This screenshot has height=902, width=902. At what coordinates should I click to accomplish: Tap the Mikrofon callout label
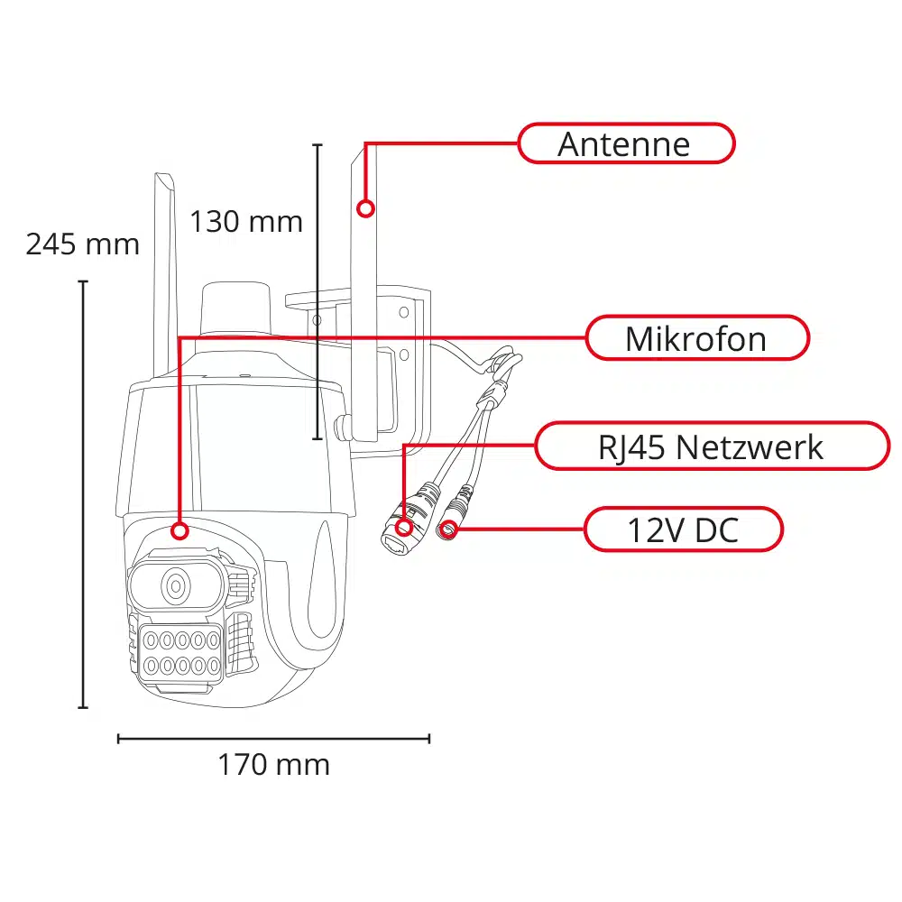click(x=697, y=338)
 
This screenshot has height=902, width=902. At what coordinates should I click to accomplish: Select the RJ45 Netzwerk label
click(x=712, y=446)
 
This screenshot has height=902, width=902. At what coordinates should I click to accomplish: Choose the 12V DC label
click(x=683, y=529)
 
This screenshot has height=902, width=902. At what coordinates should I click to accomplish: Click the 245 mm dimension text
click(x=82, y=244)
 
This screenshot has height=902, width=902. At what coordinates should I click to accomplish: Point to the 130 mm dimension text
click(x=245, y=221)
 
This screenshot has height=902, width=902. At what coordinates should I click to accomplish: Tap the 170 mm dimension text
click(x=273, y=765)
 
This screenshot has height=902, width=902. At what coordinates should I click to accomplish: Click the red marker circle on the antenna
click(x=365, y=208)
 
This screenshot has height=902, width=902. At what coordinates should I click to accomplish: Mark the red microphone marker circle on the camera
click(x=179, y=529)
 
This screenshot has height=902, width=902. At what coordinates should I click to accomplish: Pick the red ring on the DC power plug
click(x=449, y=529)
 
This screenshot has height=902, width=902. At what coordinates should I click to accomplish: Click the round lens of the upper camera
click(x=176, y=587)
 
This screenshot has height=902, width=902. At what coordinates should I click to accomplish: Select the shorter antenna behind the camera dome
click(x=163, y=271)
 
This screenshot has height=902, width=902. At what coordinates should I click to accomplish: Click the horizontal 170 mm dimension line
click(x=273, y=739)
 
